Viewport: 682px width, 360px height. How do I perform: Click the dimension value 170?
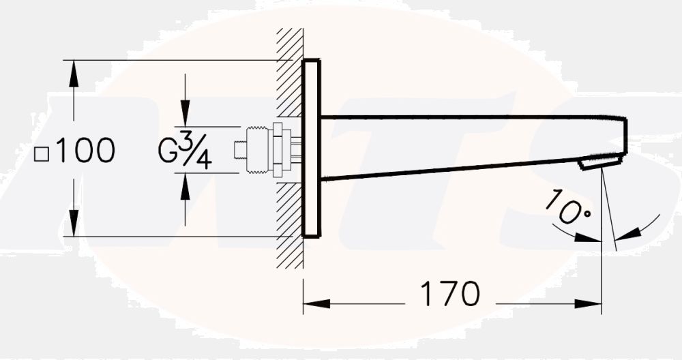pyautogui.click(x=449, y=294)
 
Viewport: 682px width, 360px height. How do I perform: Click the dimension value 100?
pyautogui.click(x=85, y=151)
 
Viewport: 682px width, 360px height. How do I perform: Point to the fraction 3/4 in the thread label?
pyautogui.click(x=195, y=151)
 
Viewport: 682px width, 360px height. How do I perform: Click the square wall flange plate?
pyautogui.click(x=310, y=149)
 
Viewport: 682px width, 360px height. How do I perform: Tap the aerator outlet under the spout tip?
pyautogui.click(x=600, y=162)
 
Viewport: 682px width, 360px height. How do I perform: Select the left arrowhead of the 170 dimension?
pyautogui.click(x=314, y=303)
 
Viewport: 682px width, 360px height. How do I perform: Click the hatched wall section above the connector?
pyautogui.click(x=288, y=75)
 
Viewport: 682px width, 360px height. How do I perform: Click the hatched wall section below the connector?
pyautogui.click(x=288, y=218)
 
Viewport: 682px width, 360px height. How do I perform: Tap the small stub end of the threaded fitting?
pyautogui.click(x=238, y=150)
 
